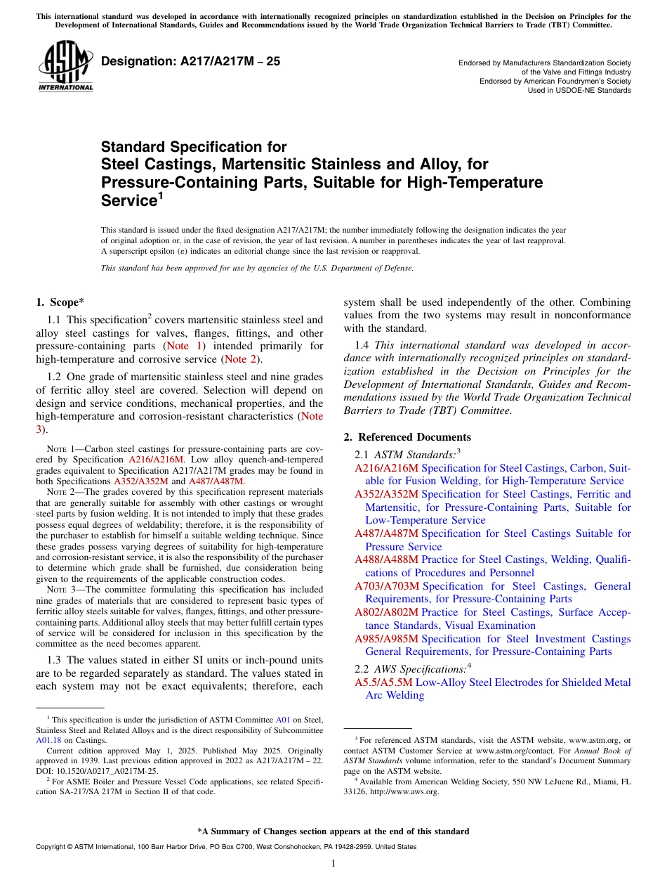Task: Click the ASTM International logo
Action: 65,66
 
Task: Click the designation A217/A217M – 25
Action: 190,62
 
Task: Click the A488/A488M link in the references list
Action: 386,559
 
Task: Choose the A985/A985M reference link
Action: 386,639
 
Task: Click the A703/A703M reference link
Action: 386,586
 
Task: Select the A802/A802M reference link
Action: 386,612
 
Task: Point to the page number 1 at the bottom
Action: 333,864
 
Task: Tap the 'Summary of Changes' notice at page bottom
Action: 333,831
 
